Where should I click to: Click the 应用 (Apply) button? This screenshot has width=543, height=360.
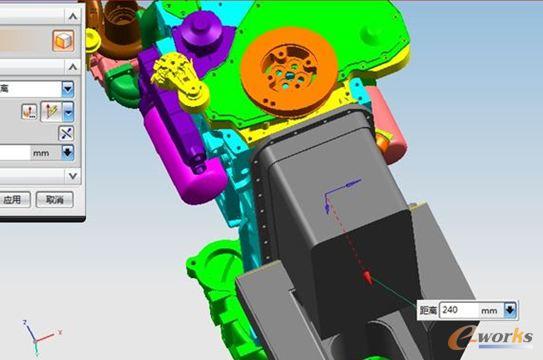(x=11, y=200)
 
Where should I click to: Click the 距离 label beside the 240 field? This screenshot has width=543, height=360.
(x=428, y=311)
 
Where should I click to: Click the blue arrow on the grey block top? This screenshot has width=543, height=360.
(x=350, y=186)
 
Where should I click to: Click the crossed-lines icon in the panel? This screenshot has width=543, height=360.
(x=67, y=133)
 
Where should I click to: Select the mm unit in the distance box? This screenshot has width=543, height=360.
(x=489, y=311)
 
